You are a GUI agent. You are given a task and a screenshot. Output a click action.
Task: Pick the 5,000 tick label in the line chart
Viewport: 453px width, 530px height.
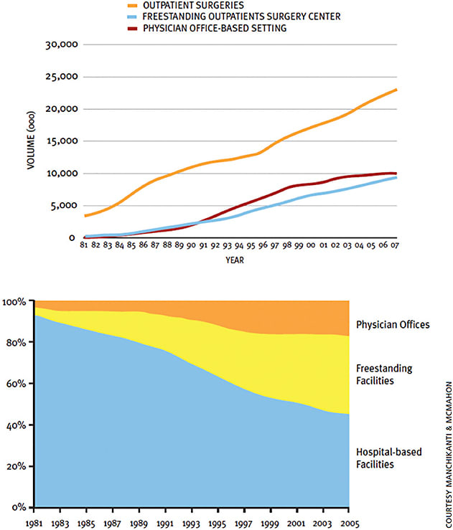66,206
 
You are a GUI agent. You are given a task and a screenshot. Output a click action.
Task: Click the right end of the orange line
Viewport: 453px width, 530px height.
396,90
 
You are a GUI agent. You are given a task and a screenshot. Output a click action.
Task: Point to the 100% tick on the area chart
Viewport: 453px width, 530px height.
14,302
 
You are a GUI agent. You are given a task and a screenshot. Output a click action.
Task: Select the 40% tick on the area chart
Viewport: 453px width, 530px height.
16,425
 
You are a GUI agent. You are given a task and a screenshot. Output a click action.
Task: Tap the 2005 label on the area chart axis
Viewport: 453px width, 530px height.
348,522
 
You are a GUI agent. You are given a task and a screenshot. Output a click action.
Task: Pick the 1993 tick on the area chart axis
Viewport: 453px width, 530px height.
192,522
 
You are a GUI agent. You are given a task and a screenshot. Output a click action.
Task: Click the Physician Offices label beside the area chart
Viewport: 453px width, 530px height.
393,325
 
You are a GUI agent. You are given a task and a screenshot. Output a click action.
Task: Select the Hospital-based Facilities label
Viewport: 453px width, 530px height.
388,459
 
